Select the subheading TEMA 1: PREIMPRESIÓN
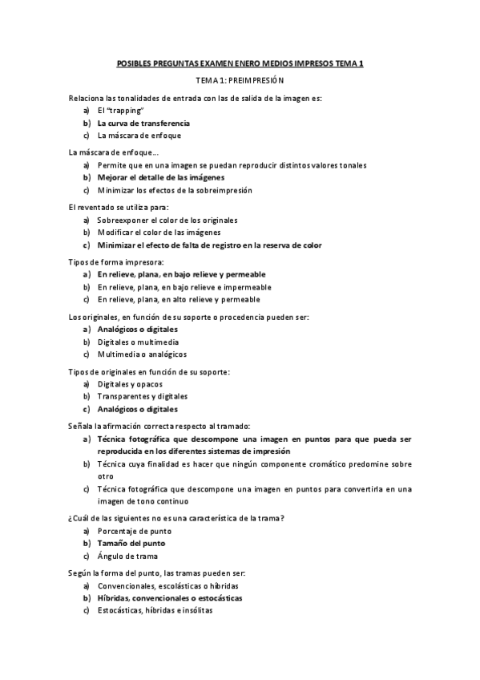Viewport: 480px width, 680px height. coord(240,81)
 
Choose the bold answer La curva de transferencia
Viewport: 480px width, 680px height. coord(143,123)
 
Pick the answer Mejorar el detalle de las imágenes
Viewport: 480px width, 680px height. coord(160,176)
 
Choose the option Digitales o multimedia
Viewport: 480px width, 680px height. coord(138,341)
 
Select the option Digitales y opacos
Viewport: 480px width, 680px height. coord(129,383)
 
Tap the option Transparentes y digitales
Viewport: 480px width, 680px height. coord(142,396)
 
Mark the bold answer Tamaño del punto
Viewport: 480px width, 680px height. coord(131,543)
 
